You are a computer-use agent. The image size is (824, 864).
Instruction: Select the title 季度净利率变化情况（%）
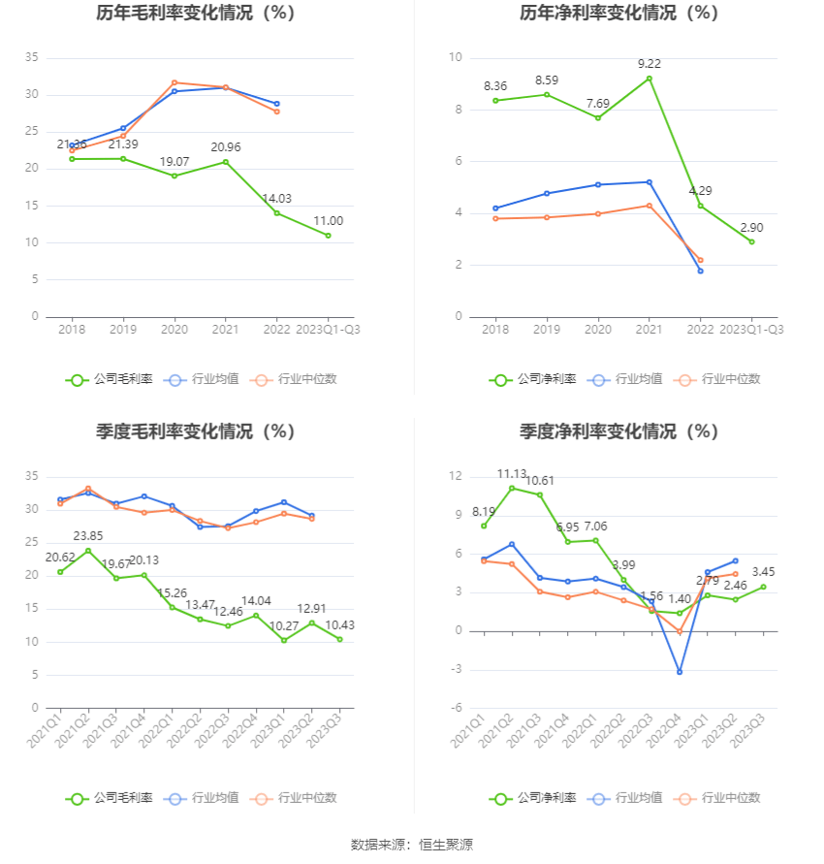click(x=618, y=432)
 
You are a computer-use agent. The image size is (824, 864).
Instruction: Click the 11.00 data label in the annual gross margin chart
click(x=328, y=220)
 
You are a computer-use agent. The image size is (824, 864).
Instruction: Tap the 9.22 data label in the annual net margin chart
click(x=650, y=64)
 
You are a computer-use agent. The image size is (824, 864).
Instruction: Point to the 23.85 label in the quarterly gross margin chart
click(x=88, y=535)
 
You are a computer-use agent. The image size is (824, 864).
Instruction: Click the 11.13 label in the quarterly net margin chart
click(x=512, y=473)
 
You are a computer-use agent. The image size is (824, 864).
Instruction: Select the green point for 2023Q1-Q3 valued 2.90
click(x=751, y=241)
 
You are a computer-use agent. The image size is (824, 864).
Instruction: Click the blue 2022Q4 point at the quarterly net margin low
click(x=680, y=672)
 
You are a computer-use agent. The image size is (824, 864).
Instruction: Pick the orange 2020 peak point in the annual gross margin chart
click(x=174, y=82)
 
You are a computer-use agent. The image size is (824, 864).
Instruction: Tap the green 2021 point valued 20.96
click(x=226, y=162)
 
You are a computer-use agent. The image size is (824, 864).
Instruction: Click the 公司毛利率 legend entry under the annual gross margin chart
click(x=110, y=379)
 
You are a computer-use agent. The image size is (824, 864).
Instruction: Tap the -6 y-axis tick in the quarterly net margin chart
click(x=456, y=708)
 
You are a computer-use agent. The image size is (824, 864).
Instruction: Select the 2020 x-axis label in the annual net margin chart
click(x=597, y=330)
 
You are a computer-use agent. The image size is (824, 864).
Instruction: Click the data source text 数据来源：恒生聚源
click(x=411, y=845)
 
